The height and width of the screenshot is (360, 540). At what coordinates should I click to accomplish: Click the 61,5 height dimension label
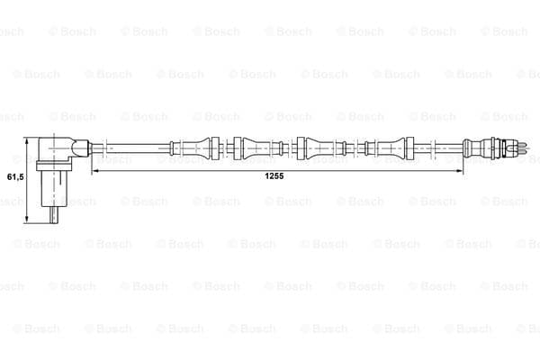(x=15, y=177)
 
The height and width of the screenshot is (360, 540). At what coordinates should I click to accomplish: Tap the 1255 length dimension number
(x=274, y=176)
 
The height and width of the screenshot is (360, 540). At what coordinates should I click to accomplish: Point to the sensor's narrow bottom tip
(x=54, y=215)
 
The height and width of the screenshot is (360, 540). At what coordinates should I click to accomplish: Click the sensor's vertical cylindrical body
(x=54, y=188)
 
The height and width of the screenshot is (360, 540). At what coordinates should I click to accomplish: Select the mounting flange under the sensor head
(x=54, y=166)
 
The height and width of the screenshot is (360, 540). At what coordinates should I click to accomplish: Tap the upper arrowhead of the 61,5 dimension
(x=27, y=141)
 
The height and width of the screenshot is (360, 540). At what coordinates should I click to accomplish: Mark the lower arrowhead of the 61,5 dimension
(x=27, y=219)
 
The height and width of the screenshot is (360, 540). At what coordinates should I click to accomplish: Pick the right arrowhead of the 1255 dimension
(x=459, y=170)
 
